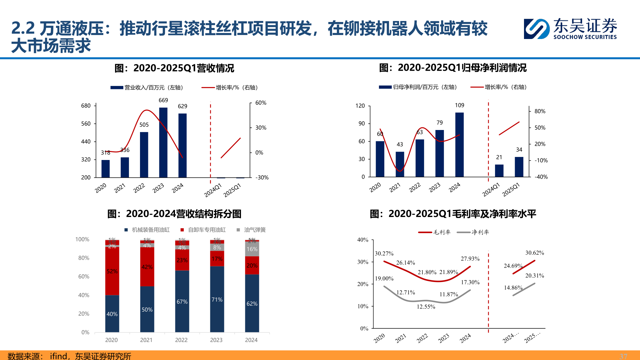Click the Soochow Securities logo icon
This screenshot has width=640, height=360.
pyautogui.click(x=536, y=29)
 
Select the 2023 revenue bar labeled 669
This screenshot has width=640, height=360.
pyautogui.click(x=163, y=143)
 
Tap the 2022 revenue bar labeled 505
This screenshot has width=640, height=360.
pyautogui.click(x=144, y=155)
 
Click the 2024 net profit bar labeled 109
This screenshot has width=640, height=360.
pyautogui.click(x=459, y=145)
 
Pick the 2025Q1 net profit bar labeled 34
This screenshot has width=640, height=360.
pyautogui.click(x=519, y=167)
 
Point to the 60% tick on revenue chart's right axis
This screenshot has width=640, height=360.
pyautogui.click(x=261, y=103)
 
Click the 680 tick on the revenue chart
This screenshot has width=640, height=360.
pyautogui.click(x=86, y=106)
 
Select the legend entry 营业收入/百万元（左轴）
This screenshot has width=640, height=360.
pyautogui.click(x=147, y=88)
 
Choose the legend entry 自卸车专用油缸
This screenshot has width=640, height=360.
pyautogui.click(x=203, y=230)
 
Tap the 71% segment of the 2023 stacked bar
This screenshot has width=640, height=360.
pyautogui.click(x=217, y=299)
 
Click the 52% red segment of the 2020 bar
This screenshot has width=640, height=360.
pyautogui.click(x=112, y=271)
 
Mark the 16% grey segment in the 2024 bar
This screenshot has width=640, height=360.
pyautogui.click(x=252, y=249)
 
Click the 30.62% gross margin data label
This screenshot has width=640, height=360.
pyautogui.click(x=535, y=253)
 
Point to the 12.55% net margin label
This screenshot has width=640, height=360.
pyautogui.click(x=426, y=307)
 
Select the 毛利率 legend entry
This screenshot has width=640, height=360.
pyautogui.click(x=435, y=232)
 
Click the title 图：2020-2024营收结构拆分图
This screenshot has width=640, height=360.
pyautogui.click(x=174, y=214)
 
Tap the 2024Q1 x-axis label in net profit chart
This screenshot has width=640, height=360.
pyautogui.click(x=491, y=190)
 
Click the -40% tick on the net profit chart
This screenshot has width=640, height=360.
pyautogui.click(x=541, y=177)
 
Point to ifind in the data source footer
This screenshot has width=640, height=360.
pyautogui.click(x=58, y=356)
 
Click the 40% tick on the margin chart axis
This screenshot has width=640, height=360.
pyautogui.click(x=363, y=240)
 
